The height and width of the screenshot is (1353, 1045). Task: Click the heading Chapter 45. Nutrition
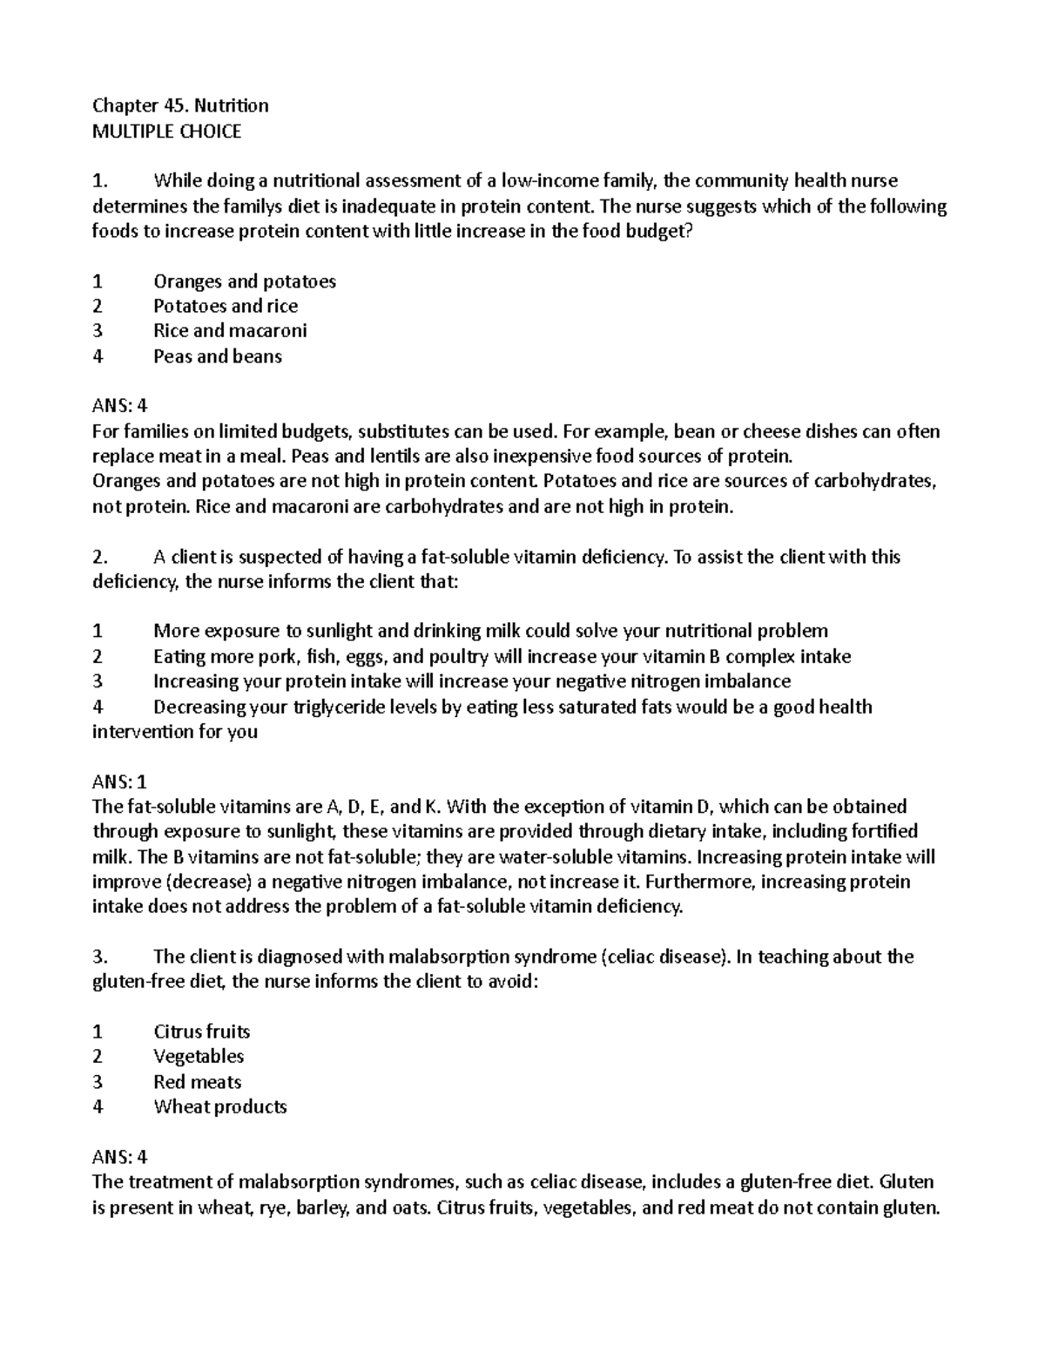[x=180, y=106]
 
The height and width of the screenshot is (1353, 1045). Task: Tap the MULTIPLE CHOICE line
[x=166, y=132]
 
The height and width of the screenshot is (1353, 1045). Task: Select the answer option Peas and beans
[x=217, y=356]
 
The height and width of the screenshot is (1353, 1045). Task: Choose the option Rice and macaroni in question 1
[x=230, y=331]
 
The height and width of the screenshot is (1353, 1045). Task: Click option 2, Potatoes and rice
[x=226, y=306]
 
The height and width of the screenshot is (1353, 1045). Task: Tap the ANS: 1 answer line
[x=120, y=781]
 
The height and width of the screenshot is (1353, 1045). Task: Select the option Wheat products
[x=219, y=1107]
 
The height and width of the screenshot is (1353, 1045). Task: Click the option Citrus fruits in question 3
[x=201, y=1032]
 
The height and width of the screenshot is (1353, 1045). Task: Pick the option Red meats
[x=197, y=1082]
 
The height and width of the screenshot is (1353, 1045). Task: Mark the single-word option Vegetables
[x=199, y=1057]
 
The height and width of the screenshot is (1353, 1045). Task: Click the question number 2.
[x=99, y=557]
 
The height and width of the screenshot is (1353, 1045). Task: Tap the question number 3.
[x=99, y=957]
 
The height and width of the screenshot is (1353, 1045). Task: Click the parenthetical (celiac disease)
[x=665, y=957]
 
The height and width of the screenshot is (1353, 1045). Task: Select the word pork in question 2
[x=275, y=657]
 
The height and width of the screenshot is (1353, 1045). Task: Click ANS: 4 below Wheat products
[x=120, y=1157]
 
